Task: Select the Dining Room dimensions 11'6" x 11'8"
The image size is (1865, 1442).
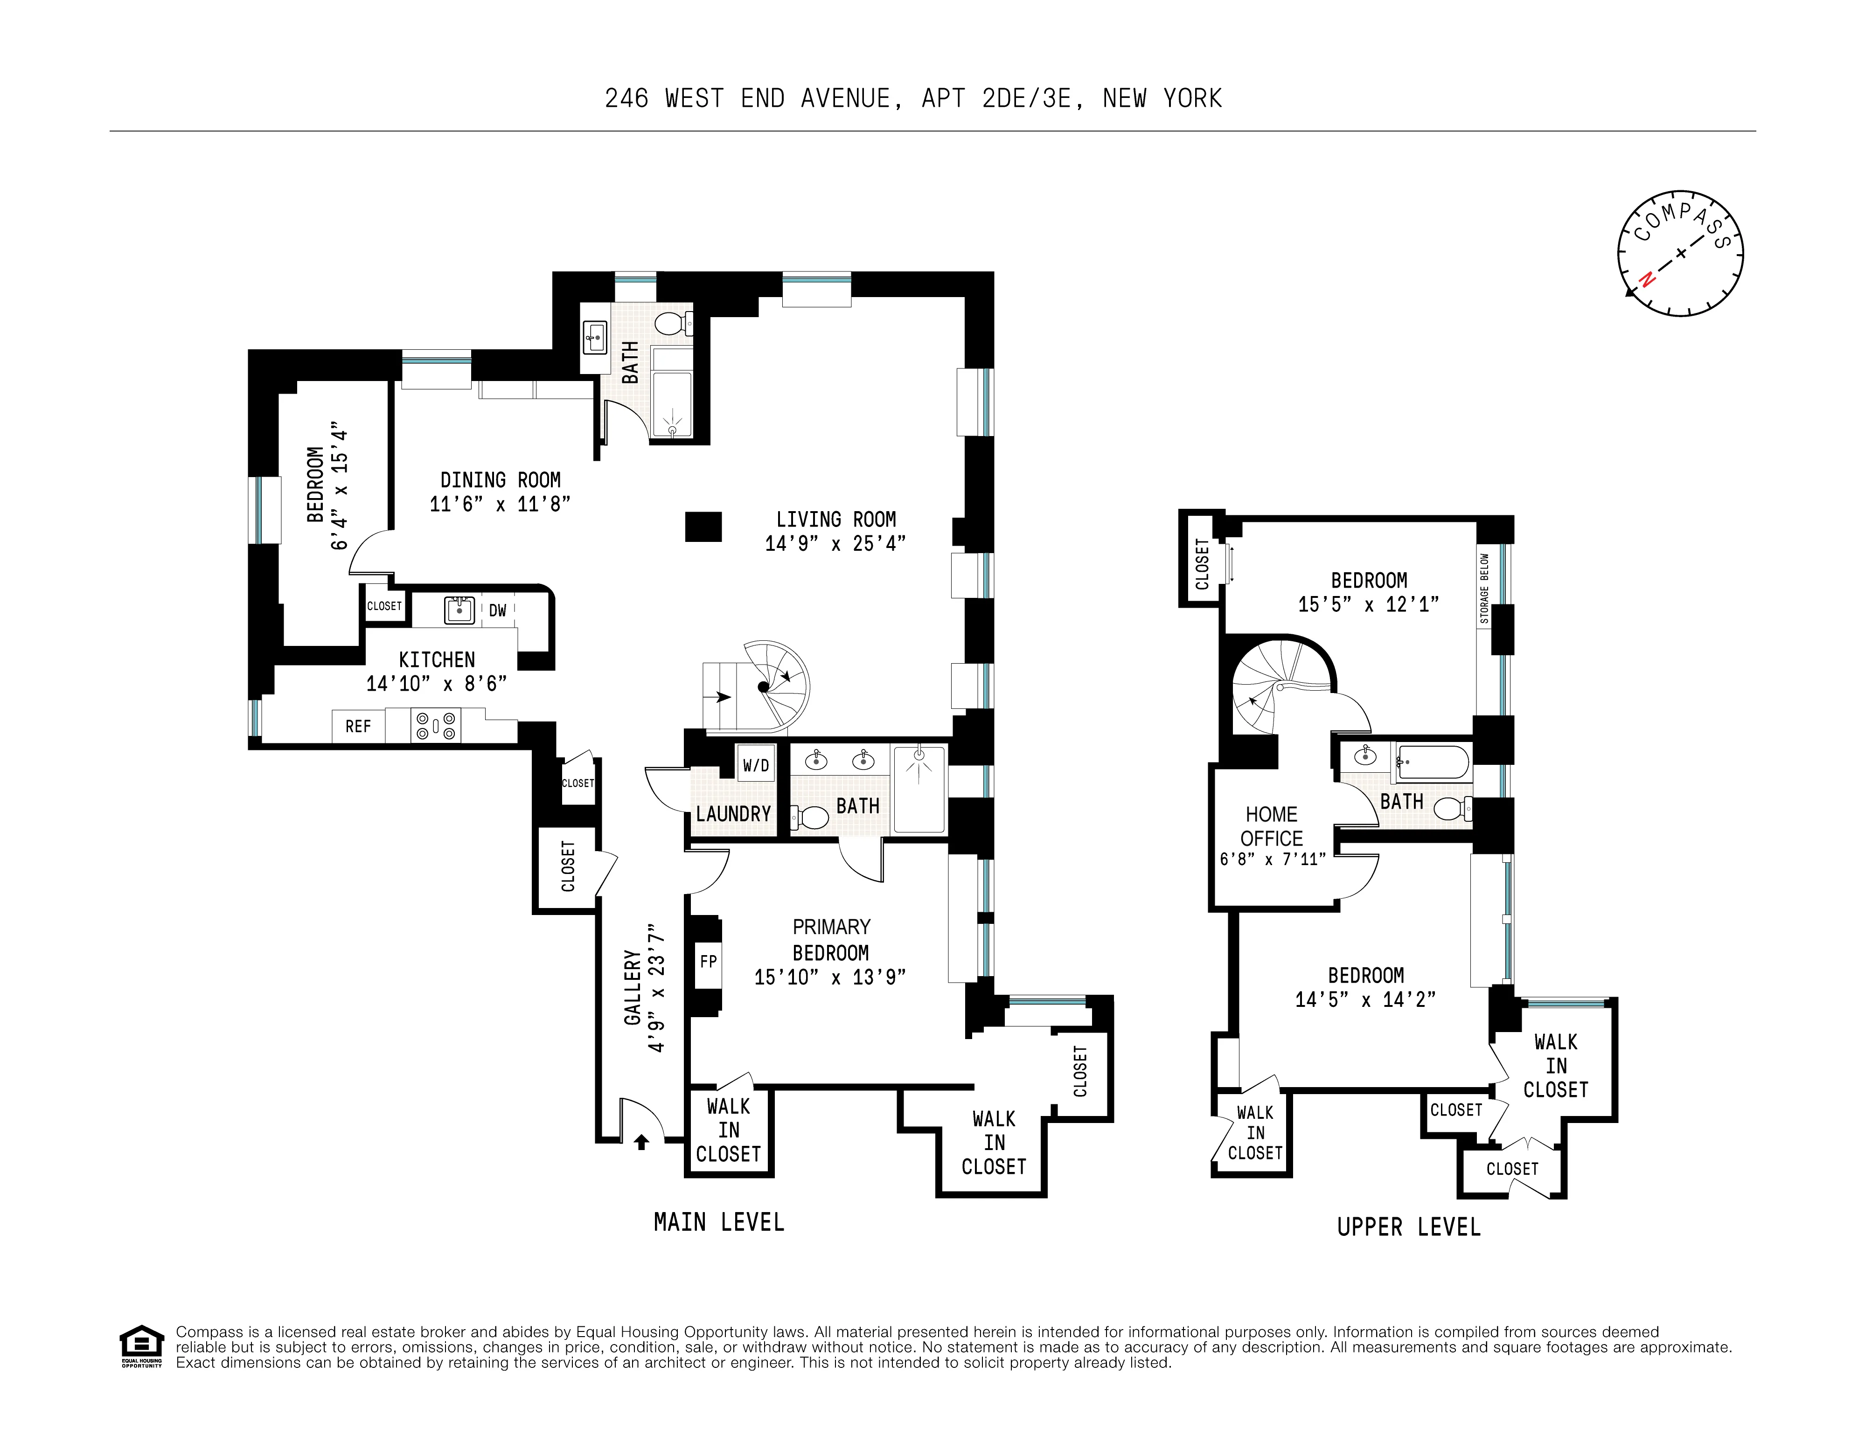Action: pos(500,504)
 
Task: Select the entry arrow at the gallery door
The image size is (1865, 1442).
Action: pos(641,1142)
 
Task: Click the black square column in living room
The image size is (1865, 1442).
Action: pos(703,527)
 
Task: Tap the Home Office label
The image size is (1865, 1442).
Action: pos(1272,826)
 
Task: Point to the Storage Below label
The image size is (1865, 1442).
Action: pos(1485,589)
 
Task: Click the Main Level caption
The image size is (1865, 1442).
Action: pos(718,1223)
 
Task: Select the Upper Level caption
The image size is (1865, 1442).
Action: pos(1408,1228)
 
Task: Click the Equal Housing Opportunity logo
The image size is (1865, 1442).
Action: pos(141,1346)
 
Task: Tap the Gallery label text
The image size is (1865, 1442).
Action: pos(632,988)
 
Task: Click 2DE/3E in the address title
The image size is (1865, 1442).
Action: pos(1026,99)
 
